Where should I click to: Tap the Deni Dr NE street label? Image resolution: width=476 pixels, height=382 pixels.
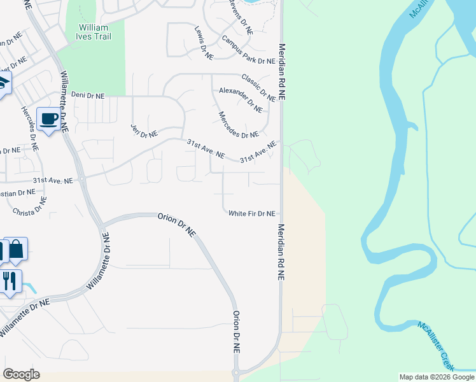(87, 94)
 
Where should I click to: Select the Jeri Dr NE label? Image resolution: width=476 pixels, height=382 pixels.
(144, 130)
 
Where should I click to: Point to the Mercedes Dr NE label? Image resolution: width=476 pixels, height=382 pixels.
(239, 125)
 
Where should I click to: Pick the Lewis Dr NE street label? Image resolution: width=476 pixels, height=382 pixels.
(204, 43)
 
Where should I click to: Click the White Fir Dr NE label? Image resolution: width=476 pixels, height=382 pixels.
(252, 214)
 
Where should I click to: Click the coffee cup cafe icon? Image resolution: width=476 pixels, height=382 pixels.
(49, 118)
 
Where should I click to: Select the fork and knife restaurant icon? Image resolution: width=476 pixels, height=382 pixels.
(9, 280)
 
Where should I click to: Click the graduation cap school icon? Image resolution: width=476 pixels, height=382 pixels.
(3, 83)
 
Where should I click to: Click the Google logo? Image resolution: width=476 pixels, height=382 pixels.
(21, 374)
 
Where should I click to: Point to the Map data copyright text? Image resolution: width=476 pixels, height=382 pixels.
(437, 377)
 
